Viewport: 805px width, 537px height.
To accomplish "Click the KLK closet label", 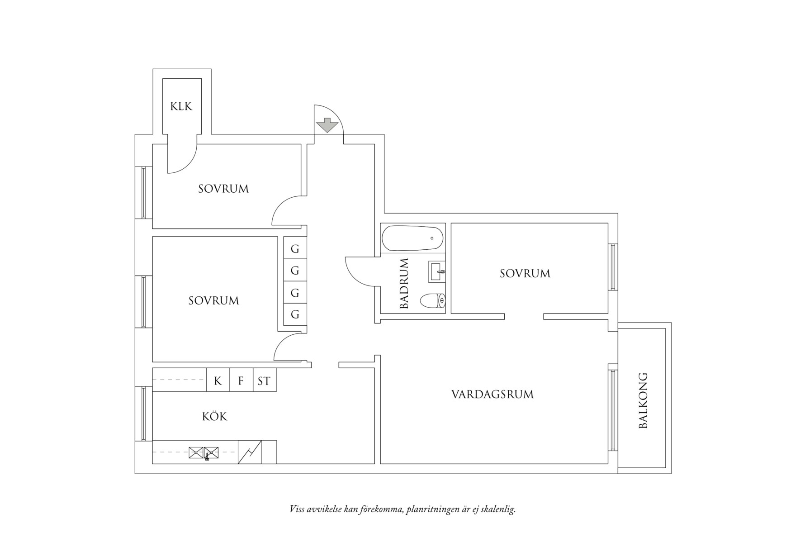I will (181, 106).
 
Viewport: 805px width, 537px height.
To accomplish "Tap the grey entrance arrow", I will (327, 125).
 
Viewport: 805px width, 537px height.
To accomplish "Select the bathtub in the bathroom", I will (412, 238).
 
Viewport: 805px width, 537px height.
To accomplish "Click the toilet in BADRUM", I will (433, 300).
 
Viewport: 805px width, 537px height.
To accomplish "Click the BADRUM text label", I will (404, 284).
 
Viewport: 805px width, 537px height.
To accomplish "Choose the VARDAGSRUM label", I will (492, 394).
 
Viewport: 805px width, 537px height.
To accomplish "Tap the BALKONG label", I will (643, 400).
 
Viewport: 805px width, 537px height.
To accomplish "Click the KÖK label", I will (215, 417).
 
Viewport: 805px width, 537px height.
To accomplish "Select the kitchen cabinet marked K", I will (218, 381).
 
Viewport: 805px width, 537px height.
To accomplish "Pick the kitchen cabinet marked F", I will (241, 381).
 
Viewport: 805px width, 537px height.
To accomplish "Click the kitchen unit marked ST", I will (264, 381).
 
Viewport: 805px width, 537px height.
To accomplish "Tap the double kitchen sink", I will (204, 452).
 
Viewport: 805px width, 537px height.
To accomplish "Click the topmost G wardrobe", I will (295, 249).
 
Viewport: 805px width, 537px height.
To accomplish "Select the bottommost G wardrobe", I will (295, 314).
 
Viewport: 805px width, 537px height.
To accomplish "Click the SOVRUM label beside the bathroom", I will (525, 274).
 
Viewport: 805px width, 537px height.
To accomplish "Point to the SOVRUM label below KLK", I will (223, 189).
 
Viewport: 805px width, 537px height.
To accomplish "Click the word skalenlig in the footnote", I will (497, 509).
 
